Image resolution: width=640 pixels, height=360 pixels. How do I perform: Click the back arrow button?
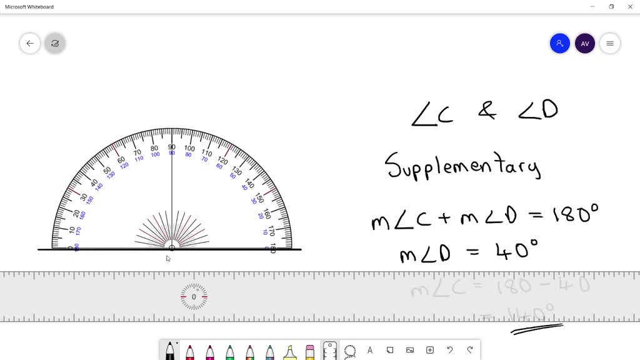click(x=30, y=43)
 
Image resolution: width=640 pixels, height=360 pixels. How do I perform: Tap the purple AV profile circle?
click(x=584, y=43)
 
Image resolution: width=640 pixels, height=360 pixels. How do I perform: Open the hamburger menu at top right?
click(x=609, y=43)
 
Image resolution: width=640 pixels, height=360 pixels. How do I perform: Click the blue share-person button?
click(x=559, y=43)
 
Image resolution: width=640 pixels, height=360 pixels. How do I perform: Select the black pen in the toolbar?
click(x=169, y=351)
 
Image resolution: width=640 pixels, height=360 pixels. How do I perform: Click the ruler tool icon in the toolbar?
click(x=330, y=351)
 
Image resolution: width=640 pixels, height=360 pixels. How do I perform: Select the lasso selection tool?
click(x=350, y=351)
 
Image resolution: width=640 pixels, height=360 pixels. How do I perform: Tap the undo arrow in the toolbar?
click(x=449, y=350)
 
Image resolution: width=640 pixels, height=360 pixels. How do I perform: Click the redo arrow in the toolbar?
click(x=469, y=350)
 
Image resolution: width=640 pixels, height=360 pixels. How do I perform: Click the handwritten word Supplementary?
click(x=462, y=166)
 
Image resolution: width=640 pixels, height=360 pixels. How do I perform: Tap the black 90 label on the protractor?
click(x=171, y=147)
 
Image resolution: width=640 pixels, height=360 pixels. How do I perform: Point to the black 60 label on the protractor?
click(x=121, y=160)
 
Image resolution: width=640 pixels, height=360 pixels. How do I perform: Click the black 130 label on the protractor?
click(x=236, y=171)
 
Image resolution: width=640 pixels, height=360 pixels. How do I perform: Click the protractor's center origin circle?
click(x=172, y=248)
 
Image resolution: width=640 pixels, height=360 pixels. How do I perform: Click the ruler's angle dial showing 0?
click(x=194, y=297)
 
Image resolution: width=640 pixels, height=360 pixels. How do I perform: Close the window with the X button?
click(x=631, y=7)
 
